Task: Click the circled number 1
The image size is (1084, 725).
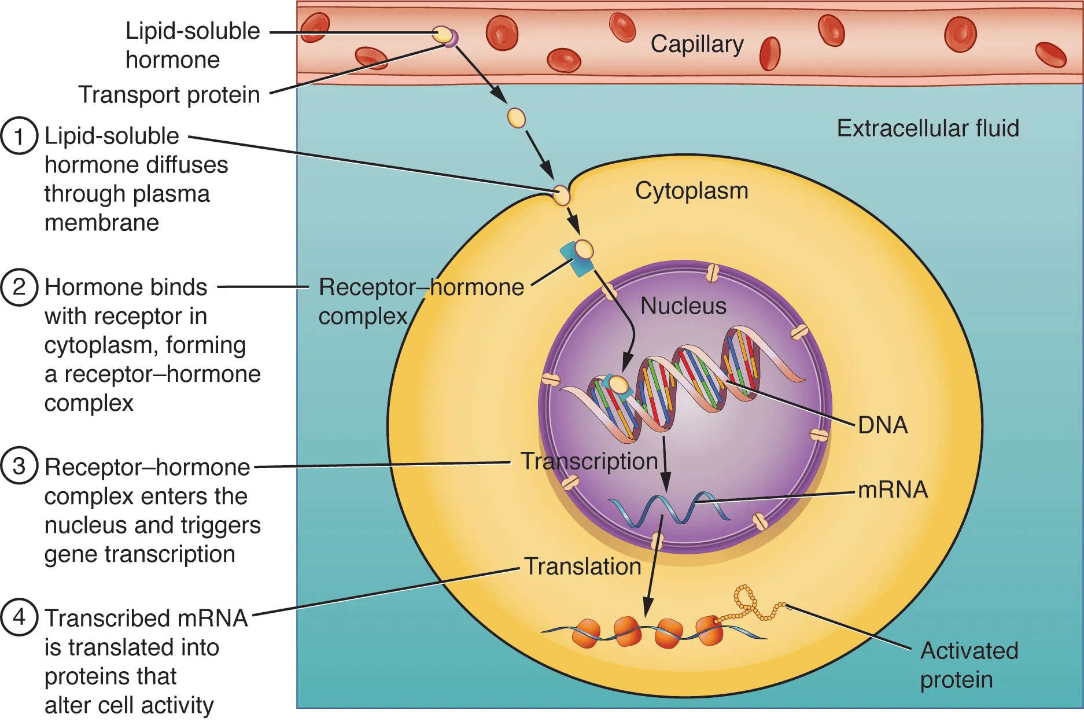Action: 19,137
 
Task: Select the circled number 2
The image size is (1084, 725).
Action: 19,287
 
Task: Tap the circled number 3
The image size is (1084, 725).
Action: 19,466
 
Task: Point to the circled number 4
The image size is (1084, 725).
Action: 19,617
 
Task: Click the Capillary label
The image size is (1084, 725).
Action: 696,45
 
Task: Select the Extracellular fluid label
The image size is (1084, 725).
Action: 927,128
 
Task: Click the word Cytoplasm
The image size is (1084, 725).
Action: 691,191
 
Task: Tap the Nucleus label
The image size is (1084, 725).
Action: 683,306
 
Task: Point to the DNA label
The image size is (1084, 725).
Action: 882,425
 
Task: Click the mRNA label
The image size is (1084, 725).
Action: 892,490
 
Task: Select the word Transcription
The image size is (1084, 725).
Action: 589,462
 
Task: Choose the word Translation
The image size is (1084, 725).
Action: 582,566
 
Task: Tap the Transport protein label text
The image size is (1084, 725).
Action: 169,95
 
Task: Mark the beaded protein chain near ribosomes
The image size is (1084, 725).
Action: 752,605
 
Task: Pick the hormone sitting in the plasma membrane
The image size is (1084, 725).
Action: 561,195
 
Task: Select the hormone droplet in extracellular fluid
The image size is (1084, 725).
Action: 516,118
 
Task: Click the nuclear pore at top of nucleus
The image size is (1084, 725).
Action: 713,273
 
